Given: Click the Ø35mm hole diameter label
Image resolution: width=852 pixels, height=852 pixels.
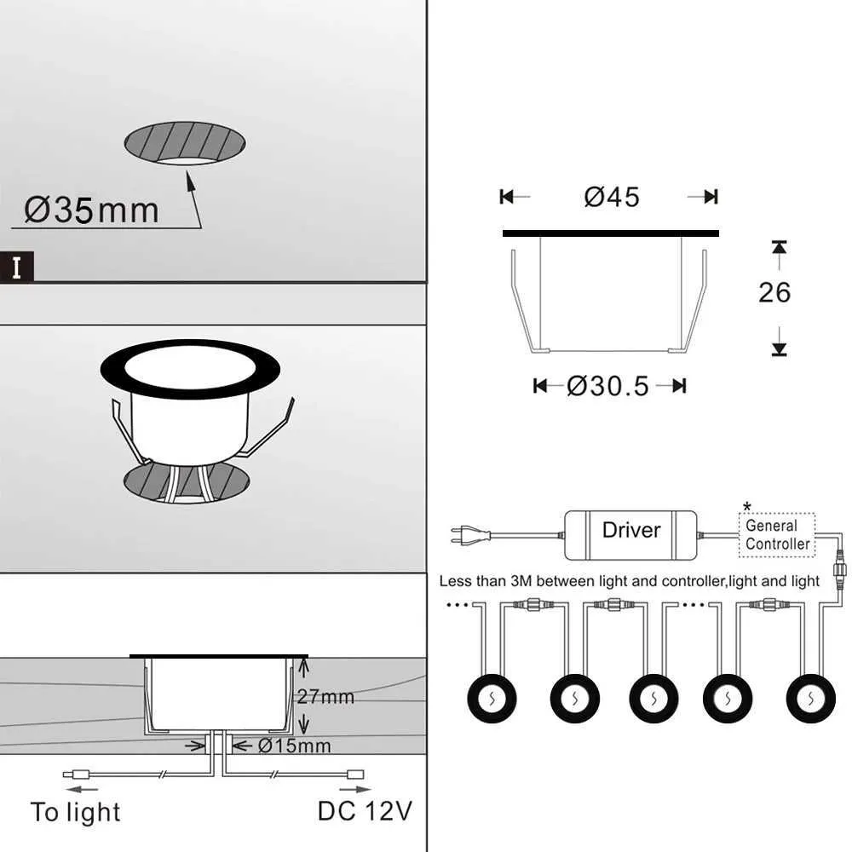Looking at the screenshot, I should coord(91,210).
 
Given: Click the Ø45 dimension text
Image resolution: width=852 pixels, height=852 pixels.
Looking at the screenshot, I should coord(611,197).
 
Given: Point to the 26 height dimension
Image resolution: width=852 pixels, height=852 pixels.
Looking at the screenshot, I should coord(774,292).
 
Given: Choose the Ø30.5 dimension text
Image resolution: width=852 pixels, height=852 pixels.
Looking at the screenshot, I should coord(607,386).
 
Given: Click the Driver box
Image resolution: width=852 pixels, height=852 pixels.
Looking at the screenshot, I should coord(630,530).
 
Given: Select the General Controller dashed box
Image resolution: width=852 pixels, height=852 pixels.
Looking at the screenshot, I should coord(776,535).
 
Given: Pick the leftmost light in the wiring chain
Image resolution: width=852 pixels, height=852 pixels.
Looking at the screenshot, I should coord(491,699).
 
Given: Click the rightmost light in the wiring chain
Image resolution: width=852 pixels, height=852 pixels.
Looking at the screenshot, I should coord(810,699).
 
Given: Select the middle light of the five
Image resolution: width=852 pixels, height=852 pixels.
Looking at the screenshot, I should coord(653,699).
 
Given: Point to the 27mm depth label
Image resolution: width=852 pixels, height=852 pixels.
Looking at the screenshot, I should coord(325,696).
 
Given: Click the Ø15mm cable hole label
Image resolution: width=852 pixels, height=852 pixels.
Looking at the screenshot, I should coord(292,746).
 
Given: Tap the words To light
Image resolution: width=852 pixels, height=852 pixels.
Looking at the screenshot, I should coord(75,812).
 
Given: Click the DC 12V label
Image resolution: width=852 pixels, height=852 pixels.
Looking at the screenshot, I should coord(365,810).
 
